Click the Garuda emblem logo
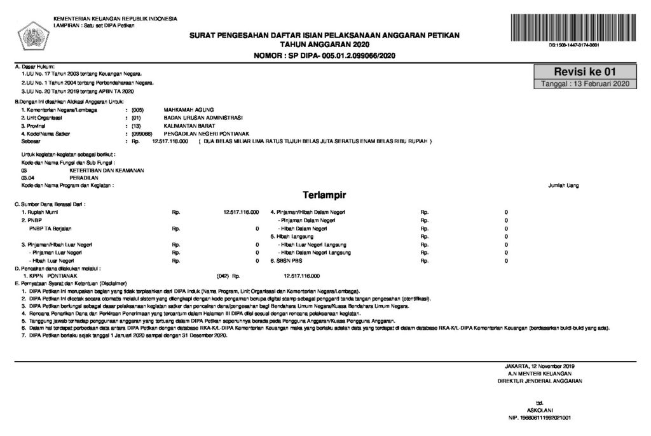(x=30, y=32)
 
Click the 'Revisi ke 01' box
(x=584, y=72)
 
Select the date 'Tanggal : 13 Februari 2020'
(x=584, y=84)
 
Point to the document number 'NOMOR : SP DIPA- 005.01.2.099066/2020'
(x=324, y=56)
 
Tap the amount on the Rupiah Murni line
(x=241, y=211)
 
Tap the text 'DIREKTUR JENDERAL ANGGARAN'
(x=540, y=381)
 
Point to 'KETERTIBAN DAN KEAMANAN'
(x=107, y=171)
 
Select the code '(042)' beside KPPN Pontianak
(x=223, y=276)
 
